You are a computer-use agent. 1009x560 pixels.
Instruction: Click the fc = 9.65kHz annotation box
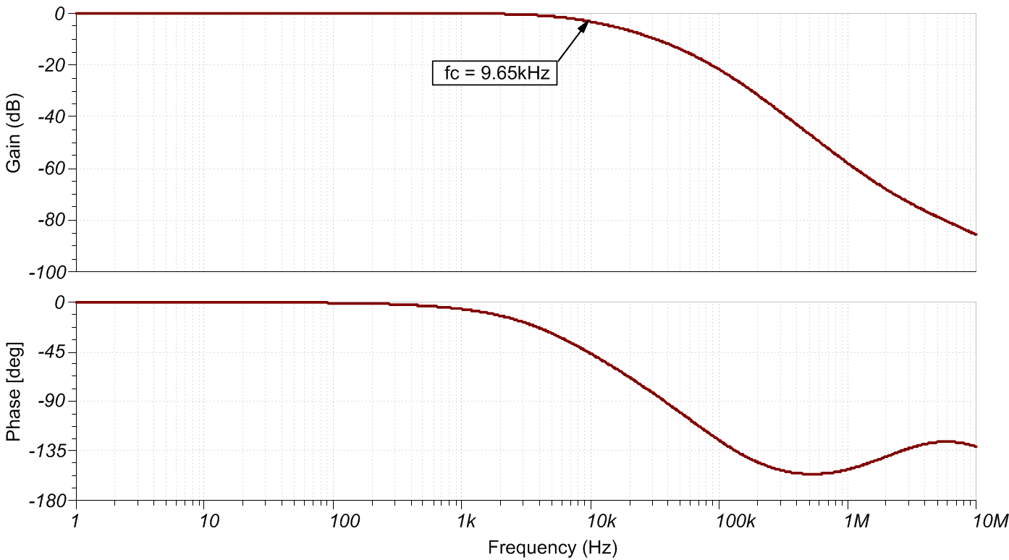495,73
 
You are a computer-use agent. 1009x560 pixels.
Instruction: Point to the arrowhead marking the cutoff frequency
586,25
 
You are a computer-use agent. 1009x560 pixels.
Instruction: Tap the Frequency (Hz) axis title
553,548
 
